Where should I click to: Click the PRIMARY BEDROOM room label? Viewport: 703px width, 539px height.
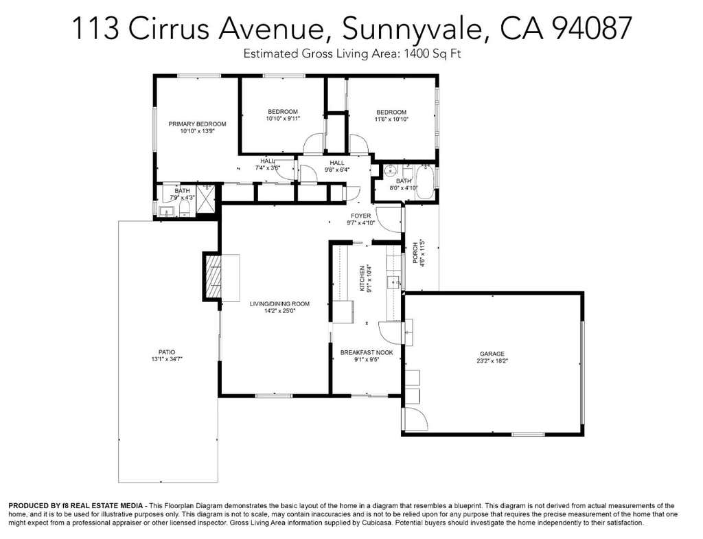tap(197, 124)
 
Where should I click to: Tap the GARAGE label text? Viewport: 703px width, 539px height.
tap(492, 354)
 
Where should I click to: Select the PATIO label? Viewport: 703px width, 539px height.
tap(167, 352)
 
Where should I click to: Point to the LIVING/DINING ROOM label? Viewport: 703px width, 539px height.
tap(280, 303)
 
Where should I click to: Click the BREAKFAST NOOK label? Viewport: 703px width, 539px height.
tap(367, 352)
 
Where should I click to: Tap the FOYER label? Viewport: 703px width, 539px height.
tap(361, 216)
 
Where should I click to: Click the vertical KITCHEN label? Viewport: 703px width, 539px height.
tap(362, 279)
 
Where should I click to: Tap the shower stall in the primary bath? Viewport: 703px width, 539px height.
tap(207, 194)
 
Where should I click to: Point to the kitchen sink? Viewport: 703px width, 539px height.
tap(393, 282)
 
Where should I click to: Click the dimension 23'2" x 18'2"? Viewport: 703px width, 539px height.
tap(492, 361)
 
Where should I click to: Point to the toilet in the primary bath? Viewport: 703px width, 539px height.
tap(184, 209)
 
